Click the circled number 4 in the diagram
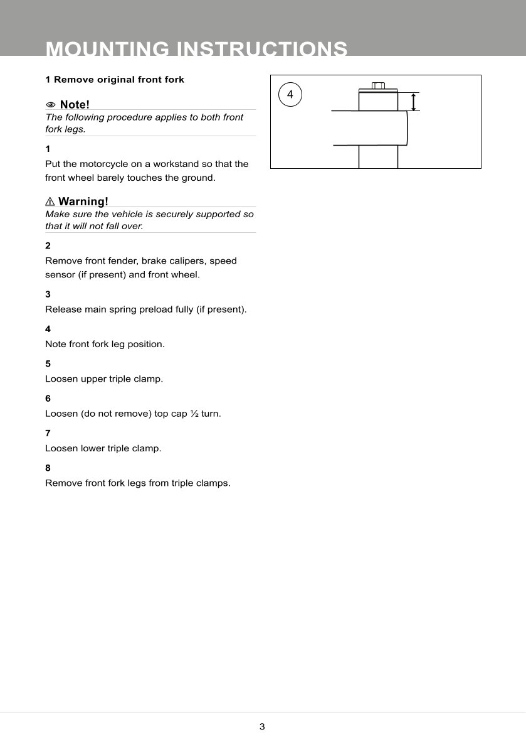[290, 95]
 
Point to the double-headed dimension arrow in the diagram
[414, 102]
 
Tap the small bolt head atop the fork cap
[377, 85]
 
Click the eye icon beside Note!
[51, 104]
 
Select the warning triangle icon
[50, 202]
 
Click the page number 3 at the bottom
[262, 727]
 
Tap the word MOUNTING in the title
[107, 49]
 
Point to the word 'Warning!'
[83, 202]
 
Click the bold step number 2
[48, 245]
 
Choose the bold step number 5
[48, 363]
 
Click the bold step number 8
[48, 468]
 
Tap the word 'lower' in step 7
[92, 448]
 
